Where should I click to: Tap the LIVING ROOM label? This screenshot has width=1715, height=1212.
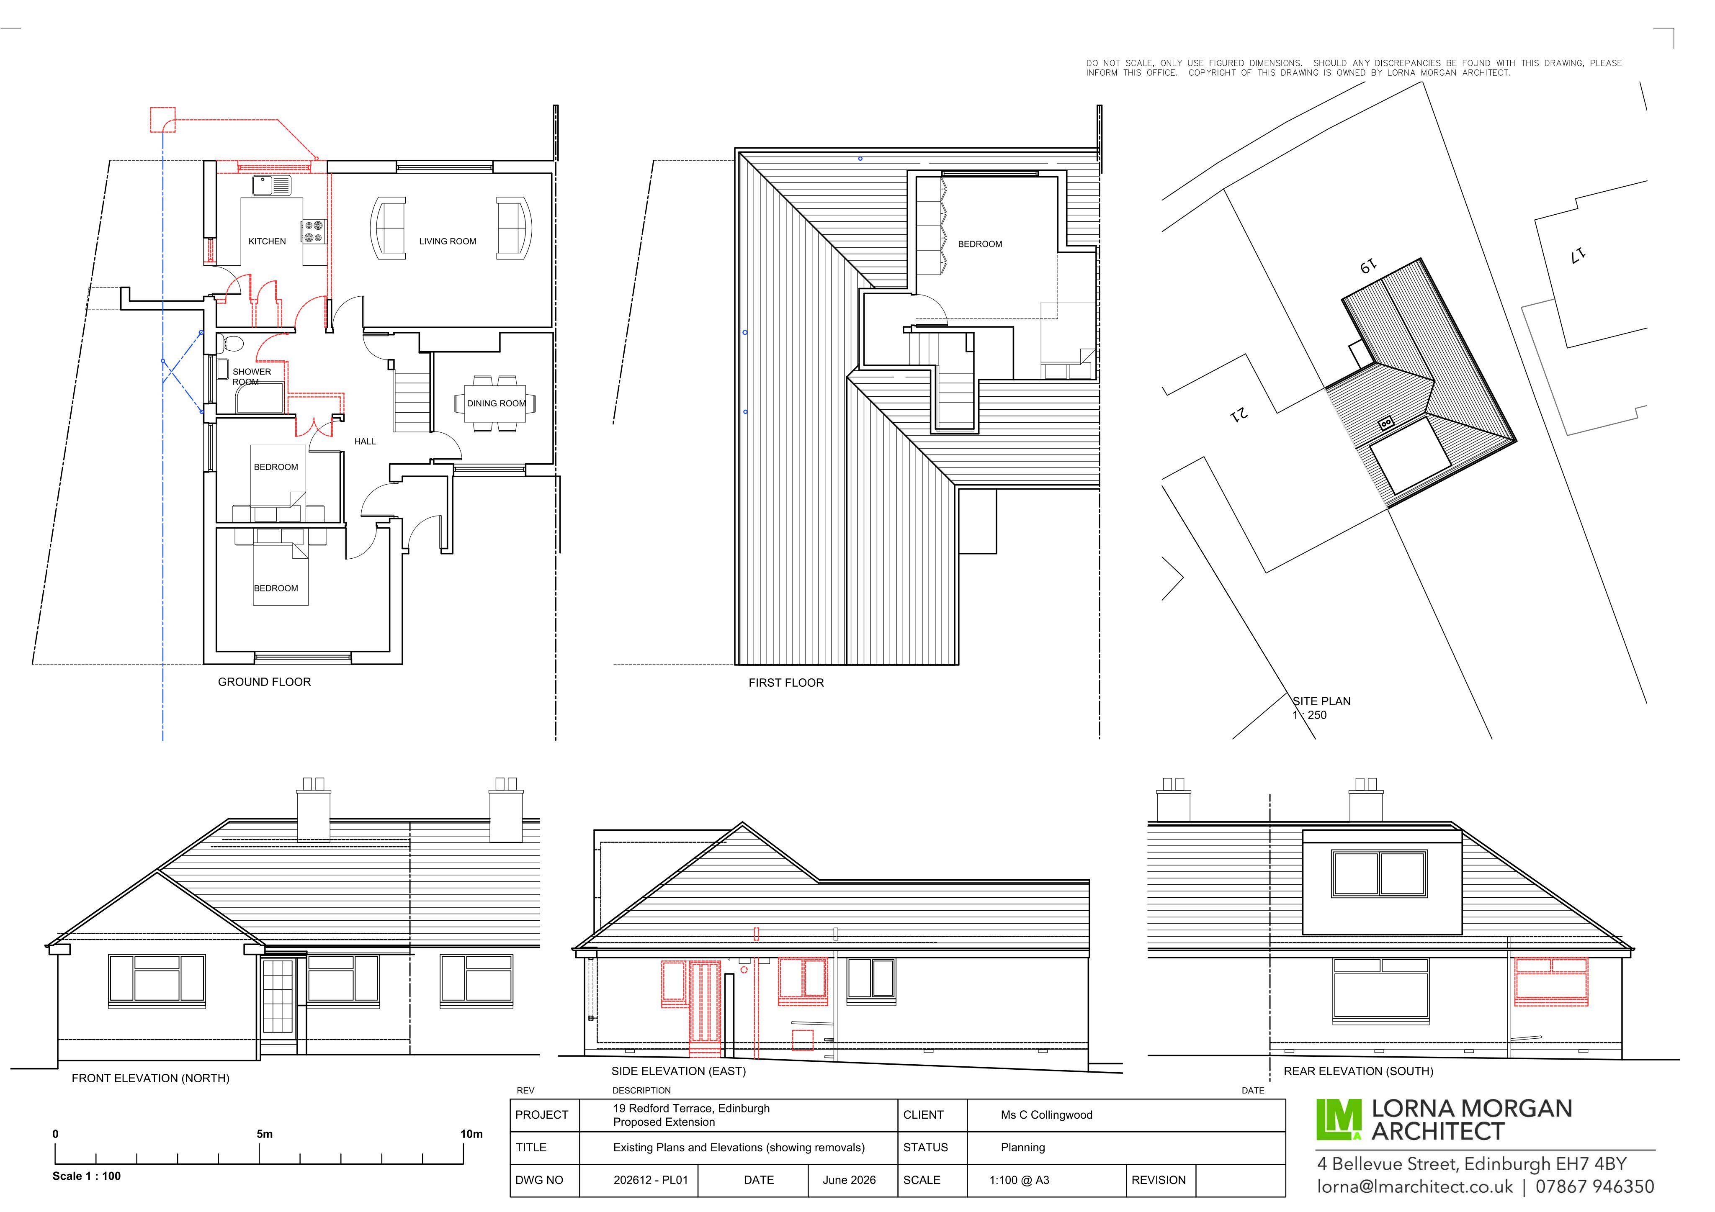coord(448,241)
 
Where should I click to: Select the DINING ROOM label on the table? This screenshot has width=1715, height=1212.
coord(497,403)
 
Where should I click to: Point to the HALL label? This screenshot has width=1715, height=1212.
coord(365,442)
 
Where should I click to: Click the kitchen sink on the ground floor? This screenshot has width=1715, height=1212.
coord(272,185)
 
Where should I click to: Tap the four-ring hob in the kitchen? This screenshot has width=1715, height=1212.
coord(314,231)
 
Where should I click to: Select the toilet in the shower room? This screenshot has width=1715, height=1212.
coord(232,344)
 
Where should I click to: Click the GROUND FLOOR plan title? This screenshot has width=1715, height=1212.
coord(265,682)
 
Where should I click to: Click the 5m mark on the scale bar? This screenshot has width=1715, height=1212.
coord(265,1134)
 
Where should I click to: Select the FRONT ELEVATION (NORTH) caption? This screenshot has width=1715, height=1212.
coord(150,1078)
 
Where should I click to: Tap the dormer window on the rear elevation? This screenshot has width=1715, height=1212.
coord(1379,874)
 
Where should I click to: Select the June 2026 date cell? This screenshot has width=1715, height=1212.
coord(849,1180)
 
